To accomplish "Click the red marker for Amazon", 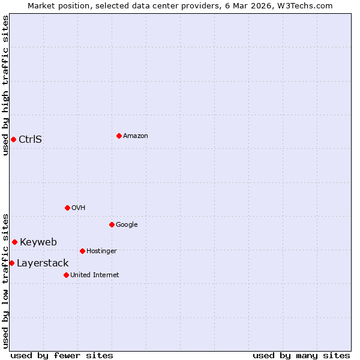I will (x=119, y=136).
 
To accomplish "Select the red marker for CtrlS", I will (x=13, y=139).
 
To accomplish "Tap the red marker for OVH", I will (x=67, y=208).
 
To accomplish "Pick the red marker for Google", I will (x=112, y=224).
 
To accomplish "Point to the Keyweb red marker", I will (x=14, y=242).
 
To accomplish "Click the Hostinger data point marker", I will (x=82, y=251).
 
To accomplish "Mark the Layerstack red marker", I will (x=11, y=263).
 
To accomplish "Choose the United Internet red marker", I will (x=66, y=275).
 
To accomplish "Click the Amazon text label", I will (x=136, y=136).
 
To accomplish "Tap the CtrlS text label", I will (x=30, y=139).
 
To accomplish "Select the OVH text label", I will (x=78, y=208).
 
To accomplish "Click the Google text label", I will (x=127, y=224).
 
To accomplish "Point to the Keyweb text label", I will (x=38, y=242).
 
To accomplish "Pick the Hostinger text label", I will (x=101, y=251).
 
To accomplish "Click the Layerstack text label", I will (x=43, y=263).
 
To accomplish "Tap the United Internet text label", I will (x=94, y=275).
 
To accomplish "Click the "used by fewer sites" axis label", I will (x=62, y=355).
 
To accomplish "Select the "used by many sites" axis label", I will (x=301, y=355).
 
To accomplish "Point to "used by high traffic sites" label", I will (x=5, y=85).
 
